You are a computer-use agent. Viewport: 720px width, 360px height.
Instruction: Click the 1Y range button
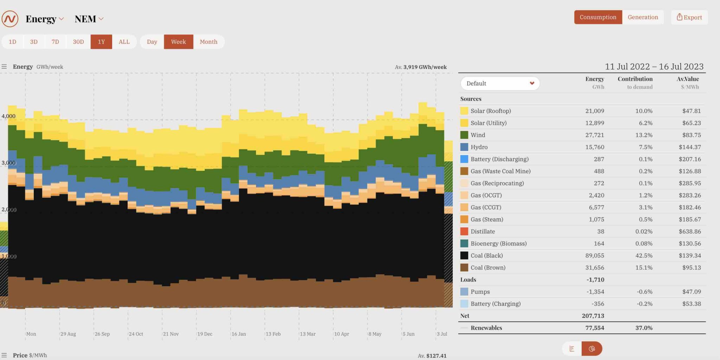coord(101,42)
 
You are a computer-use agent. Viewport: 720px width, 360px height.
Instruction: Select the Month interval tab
coord(208,42)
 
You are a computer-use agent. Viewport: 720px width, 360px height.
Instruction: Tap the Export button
coord(689,17)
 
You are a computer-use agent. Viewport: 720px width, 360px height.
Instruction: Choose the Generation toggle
coord(643,17)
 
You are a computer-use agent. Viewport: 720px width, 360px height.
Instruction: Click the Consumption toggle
coord(598,17)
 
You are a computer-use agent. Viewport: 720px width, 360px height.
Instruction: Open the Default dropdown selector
coord(500,83)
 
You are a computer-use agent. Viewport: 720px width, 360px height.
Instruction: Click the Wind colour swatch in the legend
coord(464,135)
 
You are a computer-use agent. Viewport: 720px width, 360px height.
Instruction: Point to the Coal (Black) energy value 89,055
coord(594,256)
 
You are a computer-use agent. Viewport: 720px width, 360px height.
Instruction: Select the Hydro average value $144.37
coord(689,147)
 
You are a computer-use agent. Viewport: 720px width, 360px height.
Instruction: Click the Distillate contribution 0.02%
coord(644,231)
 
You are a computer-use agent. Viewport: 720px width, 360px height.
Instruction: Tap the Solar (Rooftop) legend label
coord(490,111)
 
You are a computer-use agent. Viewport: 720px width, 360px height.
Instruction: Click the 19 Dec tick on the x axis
coord(205,334)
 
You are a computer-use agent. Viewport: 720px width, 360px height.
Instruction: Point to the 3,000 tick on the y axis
coord(8,163)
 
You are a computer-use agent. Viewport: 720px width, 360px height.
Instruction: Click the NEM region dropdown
coord(89,19)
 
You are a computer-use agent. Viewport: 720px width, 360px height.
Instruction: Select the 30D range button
coord(78,42)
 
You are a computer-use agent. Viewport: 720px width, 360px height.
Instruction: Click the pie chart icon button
coord(592,349)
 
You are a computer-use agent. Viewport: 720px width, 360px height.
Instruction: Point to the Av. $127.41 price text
coord(432,356)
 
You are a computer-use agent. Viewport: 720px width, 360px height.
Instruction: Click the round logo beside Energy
coord(10,19)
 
